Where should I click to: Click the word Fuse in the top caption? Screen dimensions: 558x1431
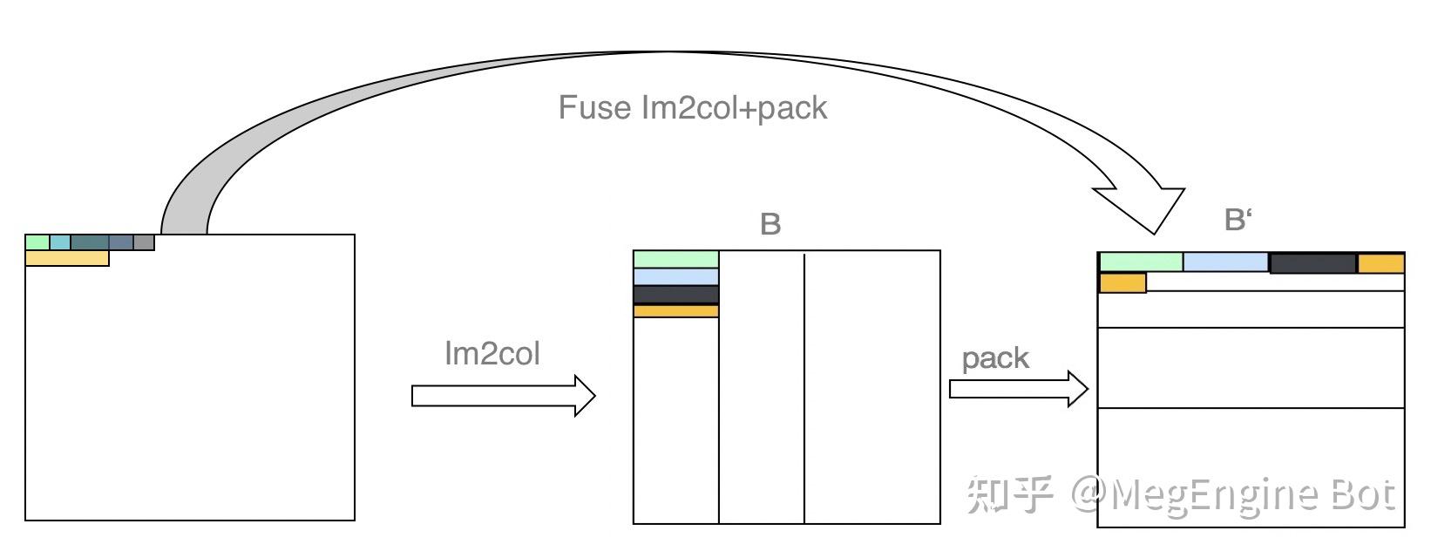(594, 108)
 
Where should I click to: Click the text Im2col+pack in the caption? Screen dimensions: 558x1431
(734, 108)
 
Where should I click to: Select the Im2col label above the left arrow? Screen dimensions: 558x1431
(492, 354)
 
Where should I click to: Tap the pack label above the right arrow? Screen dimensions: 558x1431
(995, 358)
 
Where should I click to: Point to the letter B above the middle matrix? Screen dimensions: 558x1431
(770, 225)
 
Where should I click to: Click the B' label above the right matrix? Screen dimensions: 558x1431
(1238, 220)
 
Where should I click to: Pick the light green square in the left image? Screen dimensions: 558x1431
(37, 242)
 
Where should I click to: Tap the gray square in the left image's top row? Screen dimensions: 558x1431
(144, 242)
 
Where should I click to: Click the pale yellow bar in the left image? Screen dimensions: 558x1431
(67, 258)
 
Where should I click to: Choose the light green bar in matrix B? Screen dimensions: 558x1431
(675, 259)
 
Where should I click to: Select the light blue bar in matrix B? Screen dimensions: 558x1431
(675, 277)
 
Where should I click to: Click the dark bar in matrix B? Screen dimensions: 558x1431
(675, 295)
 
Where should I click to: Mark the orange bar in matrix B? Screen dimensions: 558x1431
(675, 311)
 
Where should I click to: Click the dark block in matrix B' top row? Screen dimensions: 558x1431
(1312, 262)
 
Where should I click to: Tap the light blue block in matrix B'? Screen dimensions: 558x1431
(1225, 262)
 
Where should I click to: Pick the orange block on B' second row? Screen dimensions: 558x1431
(1122, 282)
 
